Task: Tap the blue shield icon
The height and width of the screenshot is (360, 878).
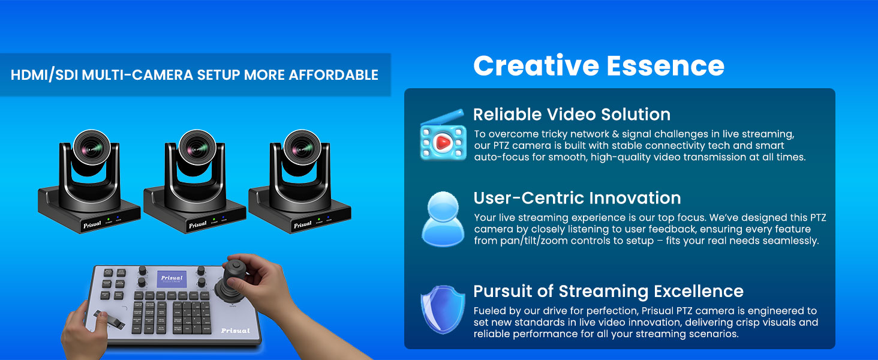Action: coord(443,309)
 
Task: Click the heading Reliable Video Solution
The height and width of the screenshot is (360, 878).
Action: coord(572,114)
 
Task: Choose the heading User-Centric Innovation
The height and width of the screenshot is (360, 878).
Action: coord(577,198)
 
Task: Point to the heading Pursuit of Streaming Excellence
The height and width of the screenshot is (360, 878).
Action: coord(608,292)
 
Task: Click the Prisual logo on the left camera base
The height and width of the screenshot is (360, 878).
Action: coord(92,226)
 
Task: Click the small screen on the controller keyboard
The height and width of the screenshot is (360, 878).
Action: coord(172,279)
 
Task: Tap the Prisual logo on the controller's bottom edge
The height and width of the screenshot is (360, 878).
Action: coord(235,331)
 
